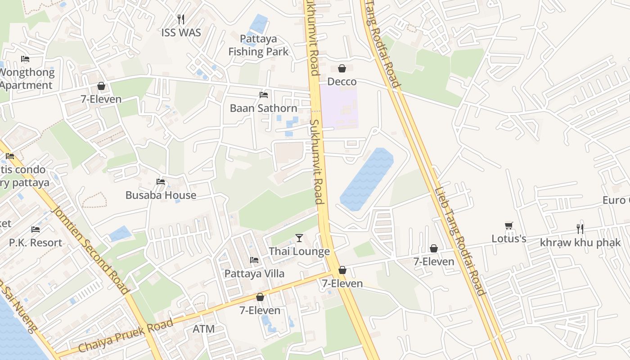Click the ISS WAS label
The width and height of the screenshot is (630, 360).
(181, 32)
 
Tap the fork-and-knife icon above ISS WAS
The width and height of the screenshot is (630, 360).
(181, 19)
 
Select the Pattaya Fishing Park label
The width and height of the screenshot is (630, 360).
(258, 45)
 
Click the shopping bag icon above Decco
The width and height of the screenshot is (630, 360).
(342, 68)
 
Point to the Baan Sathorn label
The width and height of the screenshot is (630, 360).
(263, 108)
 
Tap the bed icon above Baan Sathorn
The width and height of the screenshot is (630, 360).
(264, 95)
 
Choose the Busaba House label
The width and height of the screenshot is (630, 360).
(161, 195)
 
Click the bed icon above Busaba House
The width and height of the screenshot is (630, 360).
(161, 182)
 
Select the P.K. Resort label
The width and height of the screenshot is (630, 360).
(36, 243)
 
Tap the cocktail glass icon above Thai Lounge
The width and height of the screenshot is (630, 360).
(299, 238)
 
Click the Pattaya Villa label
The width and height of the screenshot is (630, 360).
(254, 273)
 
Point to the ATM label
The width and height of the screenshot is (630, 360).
(204, 329)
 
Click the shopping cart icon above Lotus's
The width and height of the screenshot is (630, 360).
(509, 225)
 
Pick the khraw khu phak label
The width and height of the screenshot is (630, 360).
(580, 243)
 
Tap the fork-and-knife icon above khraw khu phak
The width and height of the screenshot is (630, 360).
(580, 229)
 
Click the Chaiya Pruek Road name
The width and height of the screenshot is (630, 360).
(126, 336)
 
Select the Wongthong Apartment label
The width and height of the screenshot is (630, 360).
(27, 79)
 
